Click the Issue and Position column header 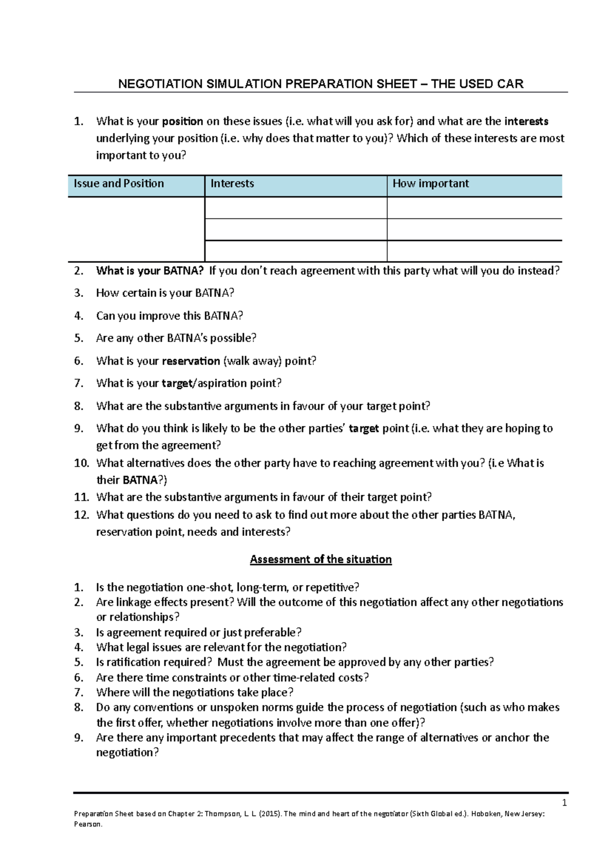(119, 183)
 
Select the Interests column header (232, 183)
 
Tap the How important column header (431, 183)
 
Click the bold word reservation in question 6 (191, 361)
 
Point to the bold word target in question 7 (177, 383)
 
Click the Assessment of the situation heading (321, 559)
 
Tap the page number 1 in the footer (564, 803)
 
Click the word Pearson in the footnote (88, 824)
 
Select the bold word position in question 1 (183, 121)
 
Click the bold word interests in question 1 (526, 121)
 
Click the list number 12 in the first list (81, 515)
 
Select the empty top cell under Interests (296, 208)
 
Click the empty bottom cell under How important (474, 251)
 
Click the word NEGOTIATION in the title (160, 84)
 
